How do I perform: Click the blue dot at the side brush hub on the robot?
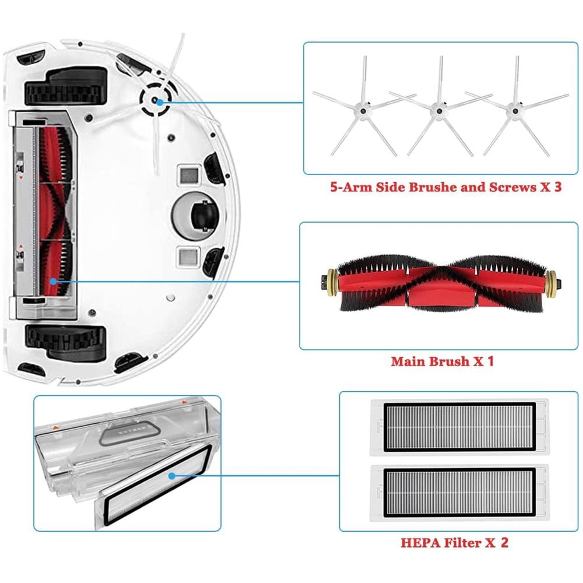[160, 102]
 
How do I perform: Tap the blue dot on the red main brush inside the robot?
[54, 282]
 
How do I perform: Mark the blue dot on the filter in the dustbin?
[171, 476]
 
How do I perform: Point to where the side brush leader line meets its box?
[303, 103]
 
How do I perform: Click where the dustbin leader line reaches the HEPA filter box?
[339, 476]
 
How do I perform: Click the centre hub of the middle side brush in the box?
[439, 110]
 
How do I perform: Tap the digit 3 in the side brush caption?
[557, 187]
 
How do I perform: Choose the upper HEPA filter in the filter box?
[459, 427]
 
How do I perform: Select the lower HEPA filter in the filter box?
[459, 493]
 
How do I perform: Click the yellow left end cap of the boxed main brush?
[332, 285]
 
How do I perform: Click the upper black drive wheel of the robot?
[66, 87]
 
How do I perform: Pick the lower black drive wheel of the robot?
[65, 341]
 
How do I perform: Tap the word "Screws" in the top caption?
[512, 187]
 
